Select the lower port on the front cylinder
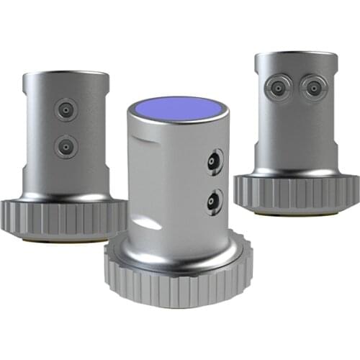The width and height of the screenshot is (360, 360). point(213,199)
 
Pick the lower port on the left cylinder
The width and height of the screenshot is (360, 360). point(65,147)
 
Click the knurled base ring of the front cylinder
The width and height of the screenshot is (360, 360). point(180,284)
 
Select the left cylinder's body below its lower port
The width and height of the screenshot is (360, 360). point(65,173)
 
